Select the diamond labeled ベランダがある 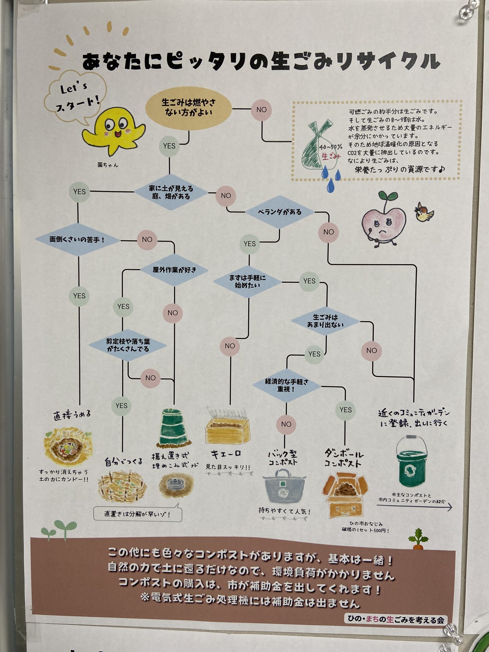point(279,212)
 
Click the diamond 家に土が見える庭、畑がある point(170,192)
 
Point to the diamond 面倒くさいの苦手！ point(78,239)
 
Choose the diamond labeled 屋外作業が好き point(175,270)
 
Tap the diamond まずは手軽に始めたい point(247,282)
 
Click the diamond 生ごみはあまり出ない point(325,321)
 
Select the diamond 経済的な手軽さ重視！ point(287,385)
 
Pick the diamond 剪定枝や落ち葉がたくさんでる point(128,345)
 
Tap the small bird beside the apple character point(423,213)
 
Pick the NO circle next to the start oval point(261,110)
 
